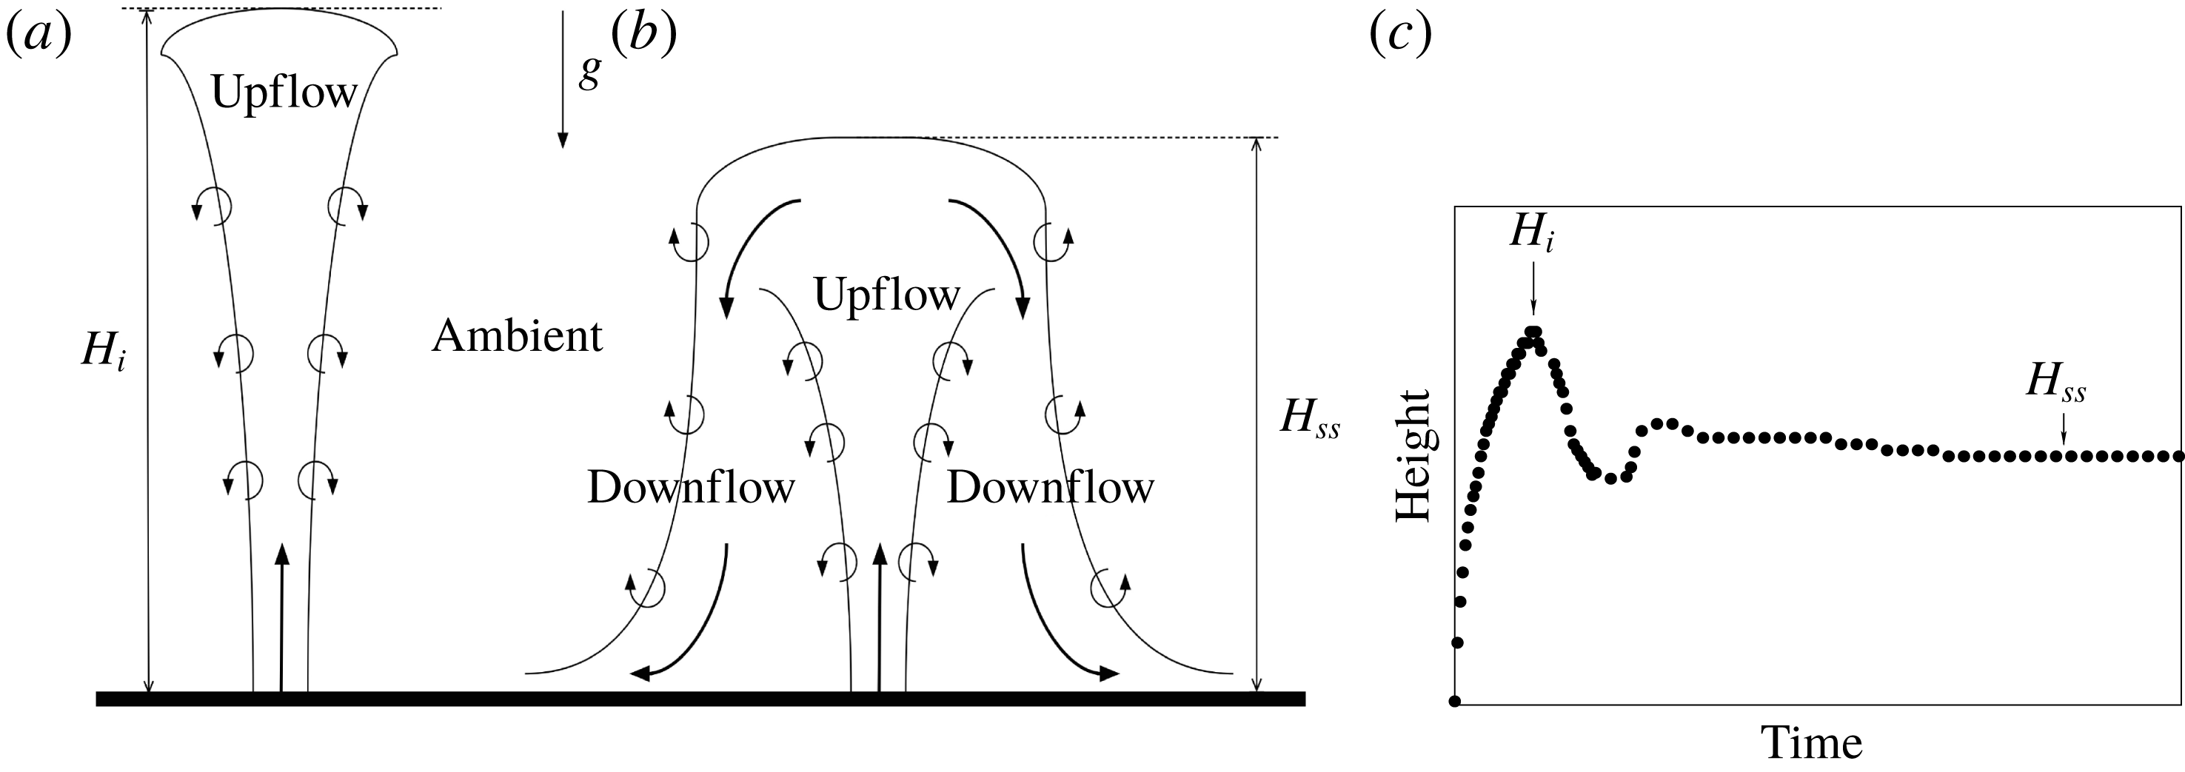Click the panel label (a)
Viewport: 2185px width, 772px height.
tap(39, 36)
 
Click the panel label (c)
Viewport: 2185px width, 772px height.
tap(1400, 36)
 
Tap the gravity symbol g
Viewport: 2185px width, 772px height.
tap(589, 70)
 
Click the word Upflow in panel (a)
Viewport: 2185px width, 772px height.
tap(284, 92)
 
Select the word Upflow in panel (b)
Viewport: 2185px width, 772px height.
tap(886, 295)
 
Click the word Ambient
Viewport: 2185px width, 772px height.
tap(518, 337)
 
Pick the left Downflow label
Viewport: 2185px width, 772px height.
tap(690, 488)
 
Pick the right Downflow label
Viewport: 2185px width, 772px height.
tap(1050, 488)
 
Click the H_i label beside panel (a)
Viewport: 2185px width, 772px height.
tap(104, 350)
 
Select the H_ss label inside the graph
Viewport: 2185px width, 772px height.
tap(2055, 383)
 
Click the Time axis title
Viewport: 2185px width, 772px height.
tap(1813, 743)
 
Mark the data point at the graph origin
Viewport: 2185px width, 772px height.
tap(1455, 701)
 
